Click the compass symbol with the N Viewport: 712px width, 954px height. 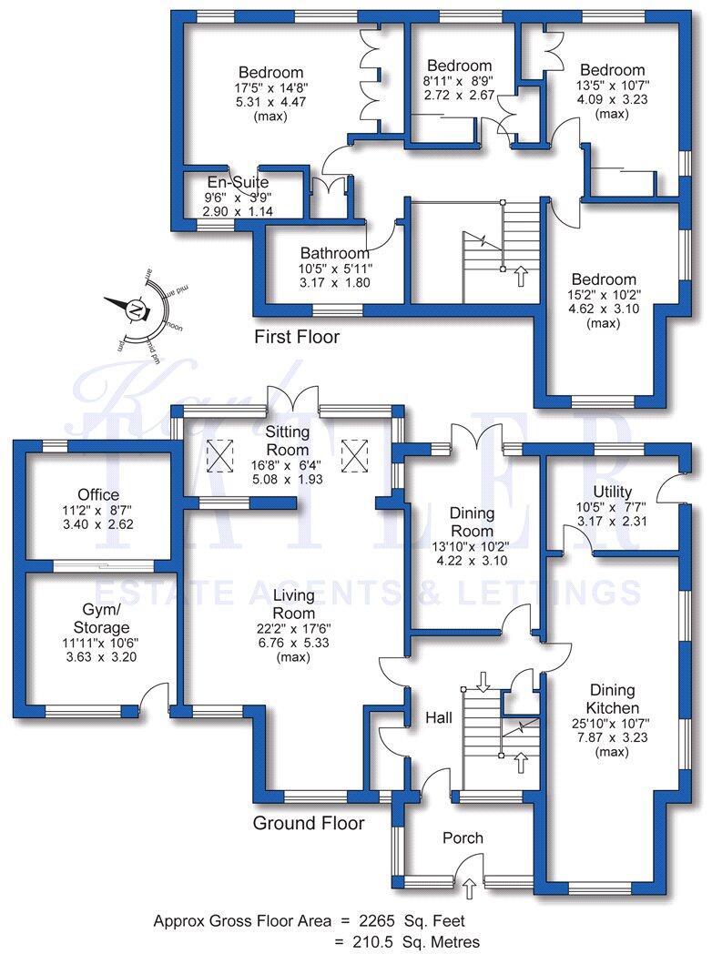[x=136, y=310]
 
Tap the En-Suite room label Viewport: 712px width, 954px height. [x=238, y=182]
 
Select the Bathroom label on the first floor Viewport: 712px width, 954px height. [x=335, y=253]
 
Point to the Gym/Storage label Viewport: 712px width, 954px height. [x=101, y=620]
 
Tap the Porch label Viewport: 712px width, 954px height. [x=462, y=837]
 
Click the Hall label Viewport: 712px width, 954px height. [x=439, y=718]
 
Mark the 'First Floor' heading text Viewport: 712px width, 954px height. [x=297, y=338]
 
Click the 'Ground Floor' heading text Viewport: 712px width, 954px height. [x=309, y=824]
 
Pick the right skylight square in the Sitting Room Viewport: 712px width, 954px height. [x=351, y=452]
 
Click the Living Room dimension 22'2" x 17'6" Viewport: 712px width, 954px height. [x=293, y=628]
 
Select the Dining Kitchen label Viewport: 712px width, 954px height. [x=613, y=699]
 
